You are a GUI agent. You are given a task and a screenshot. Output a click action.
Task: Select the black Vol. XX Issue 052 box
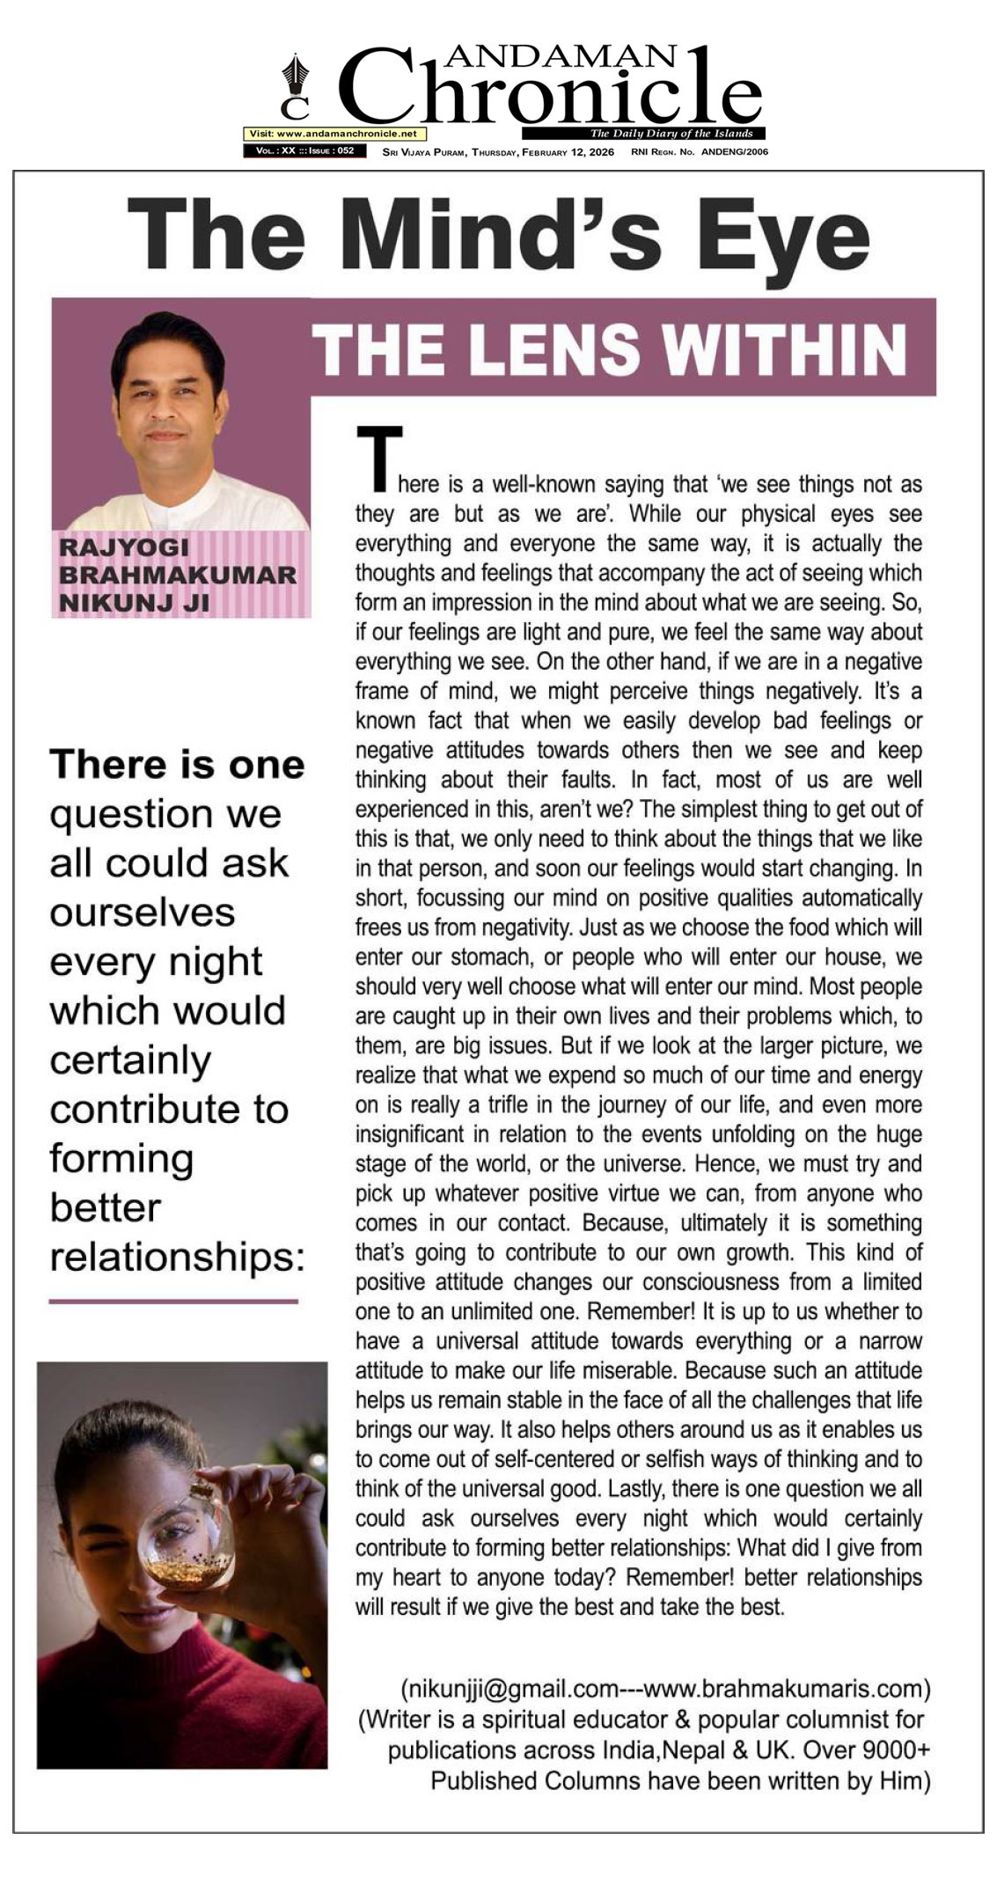pyautogui.click(x=304, y=151)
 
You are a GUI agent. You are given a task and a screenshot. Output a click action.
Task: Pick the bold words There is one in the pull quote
pyautogui.click(x=177, y=764)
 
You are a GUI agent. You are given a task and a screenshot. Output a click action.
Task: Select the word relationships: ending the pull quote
pyautogui.click(x=177, y=1257)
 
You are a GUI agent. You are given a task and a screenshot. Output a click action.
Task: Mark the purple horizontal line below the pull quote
pyautogui.click(x=173, y=1300)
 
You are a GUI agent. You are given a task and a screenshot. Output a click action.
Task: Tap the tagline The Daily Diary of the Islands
pyautogui.click(x=671, y=134)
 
